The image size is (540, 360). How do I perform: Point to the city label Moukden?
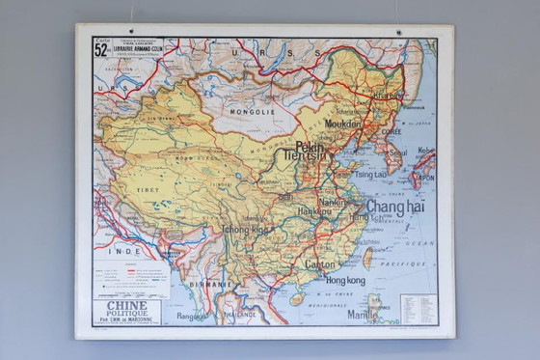point(343,124)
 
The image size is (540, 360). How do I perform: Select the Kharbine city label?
point(388,97)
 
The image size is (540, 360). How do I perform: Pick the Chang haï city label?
point(394,207)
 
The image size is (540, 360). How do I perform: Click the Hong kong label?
point(345,280)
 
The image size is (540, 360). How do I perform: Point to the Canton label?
point(320,263)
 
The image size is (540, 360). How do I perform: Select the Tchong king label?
point(245,231)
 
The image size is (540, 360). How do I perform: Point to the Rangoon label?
point(193,315)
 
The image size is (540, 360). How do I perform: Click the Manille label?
point(363,314)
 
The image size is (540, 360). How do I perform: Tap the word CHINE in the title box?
point(127,306)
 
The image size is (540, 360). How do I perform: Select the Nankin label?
point(333,203)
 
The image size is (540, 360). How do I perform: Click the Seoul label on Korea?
point(397,152)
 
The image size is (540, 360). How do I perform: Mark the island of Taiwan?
point(367,257)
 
